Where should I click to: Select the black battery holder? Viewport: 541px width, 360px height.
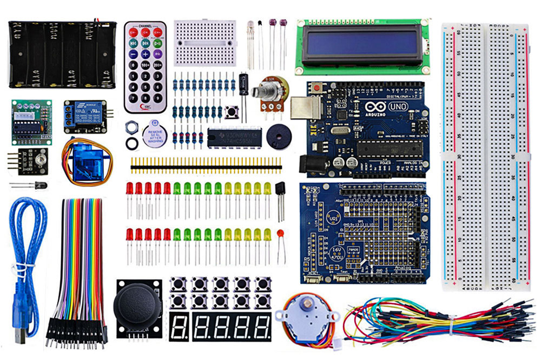(x=63, y=54)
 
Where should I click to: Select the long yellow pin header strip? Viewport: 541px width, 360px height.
(x=206, y=162)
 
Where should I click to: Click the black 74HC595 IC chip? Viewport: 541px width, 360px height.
(x=233, y=137)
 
